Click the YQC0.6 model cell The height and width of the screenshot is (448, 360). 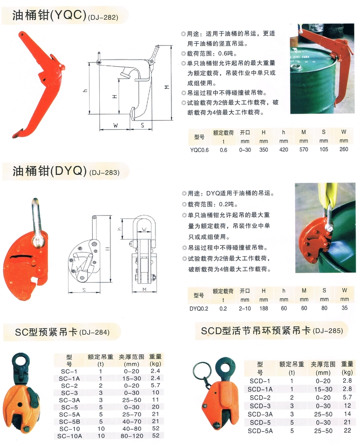point(199,150)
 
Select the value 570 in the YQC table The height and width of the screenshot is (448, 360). point(303,149)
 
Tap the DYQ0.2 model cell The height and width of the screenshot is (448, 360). point(199,309)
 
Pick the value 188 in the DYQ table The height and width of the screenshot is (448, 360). point(264,308)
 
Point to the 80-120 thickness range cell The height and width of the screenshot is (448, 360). point(132,436)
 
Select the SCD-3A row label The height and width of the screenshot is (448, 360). point(260,414)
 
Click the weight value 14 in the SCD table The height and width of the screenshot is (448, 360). point(348,414)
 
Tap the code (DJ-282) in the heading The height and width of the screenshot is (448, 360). point(103,18)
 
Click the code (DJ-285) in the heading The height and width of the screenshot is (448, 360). point(328,331)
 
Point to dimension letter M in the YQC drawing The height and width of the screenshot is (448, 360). point(168,87)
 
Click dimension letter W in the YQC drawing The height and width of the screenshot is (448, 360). point(115,125)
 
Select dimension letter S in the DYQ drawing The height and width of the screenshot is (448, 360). point(84,290)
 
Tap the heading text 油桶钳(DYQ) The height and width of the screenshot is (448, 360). point(49,171)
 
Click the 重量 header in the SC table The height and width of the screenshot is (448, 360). point(156,357)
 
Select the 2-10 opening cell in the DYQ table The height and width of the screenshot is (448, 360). point(245,309)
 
